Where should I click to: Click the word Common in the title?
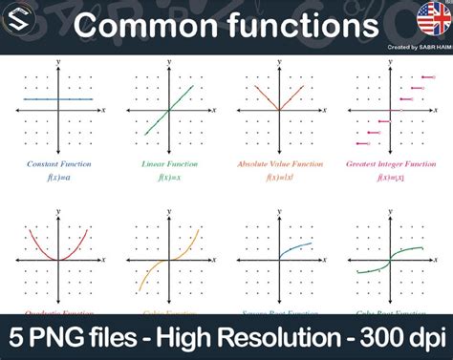pos(142,25)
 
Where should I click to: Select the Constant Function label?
pos(59,164)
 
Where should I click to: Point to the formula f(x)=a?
pos(59,178)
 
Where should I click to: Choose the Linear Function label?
pos(170,164)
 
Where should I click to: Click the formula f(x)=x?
pos(170,178)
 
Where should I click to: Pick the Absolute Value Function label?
pos(280,164)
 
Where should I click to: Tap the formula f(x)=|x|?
pos(280,178)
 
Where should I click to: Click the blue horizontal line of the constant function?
pos(38,99)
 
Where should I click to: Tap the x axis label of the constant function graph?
pos(103,111)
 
